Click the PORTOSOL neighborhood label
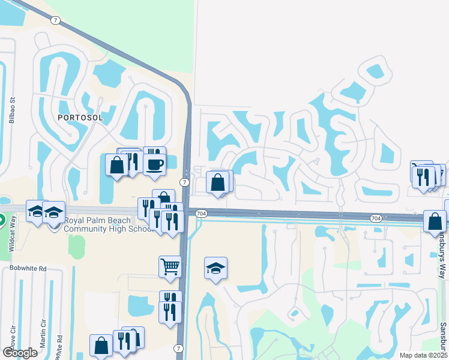[80, 118]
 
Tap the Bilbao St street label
[11, 110]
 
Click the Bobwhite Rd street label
[27, 268]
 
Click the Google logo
[19, 352]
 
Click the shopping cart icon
[170, 265]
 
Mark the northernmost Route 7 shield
[55, 20]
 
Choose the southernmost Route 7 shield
[179, 348]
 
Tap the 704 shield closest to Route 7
[202, 213]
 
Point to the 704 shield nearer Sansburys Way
[376, 217]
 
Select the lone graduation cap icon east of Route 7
[215, 268]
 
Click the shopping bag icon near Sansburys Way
[435, 220]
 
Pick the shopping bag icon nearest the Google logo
[101, 345]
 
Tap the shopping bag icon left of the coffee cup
[116, 165]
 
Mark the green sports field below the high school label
[76, 247]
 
